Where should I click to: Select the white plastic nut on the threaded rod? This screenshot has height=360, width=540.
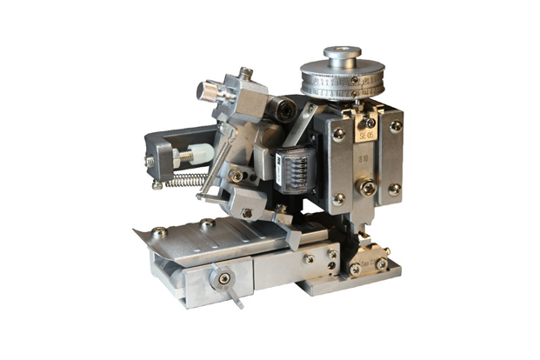[x=199, y=154]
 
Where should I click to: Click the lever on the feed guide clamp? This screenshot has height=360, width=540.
[x=232, y=292]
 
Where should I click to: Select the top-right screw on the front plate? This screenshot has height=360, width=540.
[x=396, y=126]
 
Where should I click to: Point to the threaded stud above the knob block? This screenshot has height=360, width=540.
[x=247, y=73]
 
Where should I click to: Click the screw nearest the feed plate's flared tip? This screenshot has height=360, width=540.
[x=159, y=232]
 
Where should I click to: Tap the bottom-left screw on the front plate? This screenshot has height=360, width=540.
[x=338, y=199]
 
